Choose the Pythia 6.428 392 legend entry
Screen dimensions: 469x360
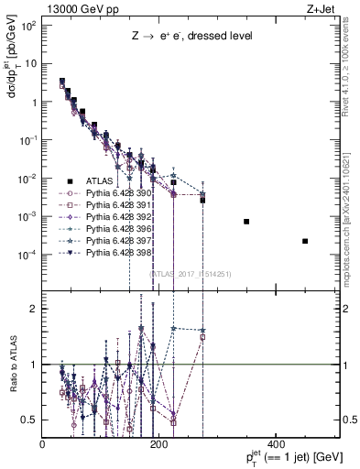(x=111, y=221)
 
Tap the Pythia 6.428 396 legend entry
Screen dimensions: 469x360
(x=111, y=234)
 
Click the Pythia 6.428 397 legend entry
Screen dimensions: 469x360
(x=111, y=248)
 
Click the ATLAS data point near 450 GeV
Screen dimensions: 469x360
(x=304, y=241)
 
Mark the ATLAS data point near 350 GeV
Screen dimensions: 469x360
(x=246, y=222)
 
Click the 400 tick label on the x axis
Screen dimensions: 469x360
(x=275, y=444)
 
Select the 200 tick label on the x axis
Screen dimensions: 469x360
(x=158, y=444)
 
